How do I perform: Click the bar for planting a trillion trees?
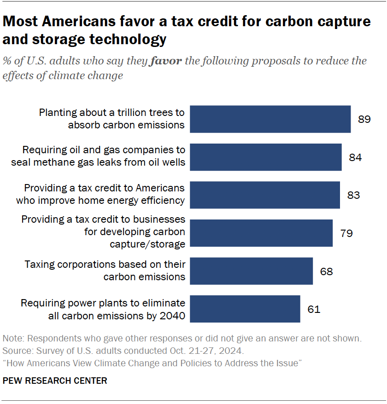270,119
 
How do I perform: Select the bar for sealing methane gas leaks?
266,157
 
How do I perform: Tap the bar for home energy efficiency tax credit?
265,195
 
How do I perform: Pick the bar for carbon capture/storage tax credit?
261,233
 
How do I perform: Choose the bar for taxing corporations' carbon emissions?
252,271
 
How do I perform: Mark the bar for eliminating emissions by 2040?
245,309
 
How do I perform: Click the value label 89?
364,120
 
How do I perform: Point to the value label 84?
355,157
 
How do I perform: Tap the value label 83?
353,195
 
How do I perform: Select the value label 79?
346,233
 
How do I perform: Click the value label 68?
326,271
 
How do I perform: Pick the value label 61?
314,309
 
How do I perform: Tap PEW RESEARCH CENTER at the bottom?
55,381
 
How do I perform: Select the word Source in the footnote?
17,351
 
